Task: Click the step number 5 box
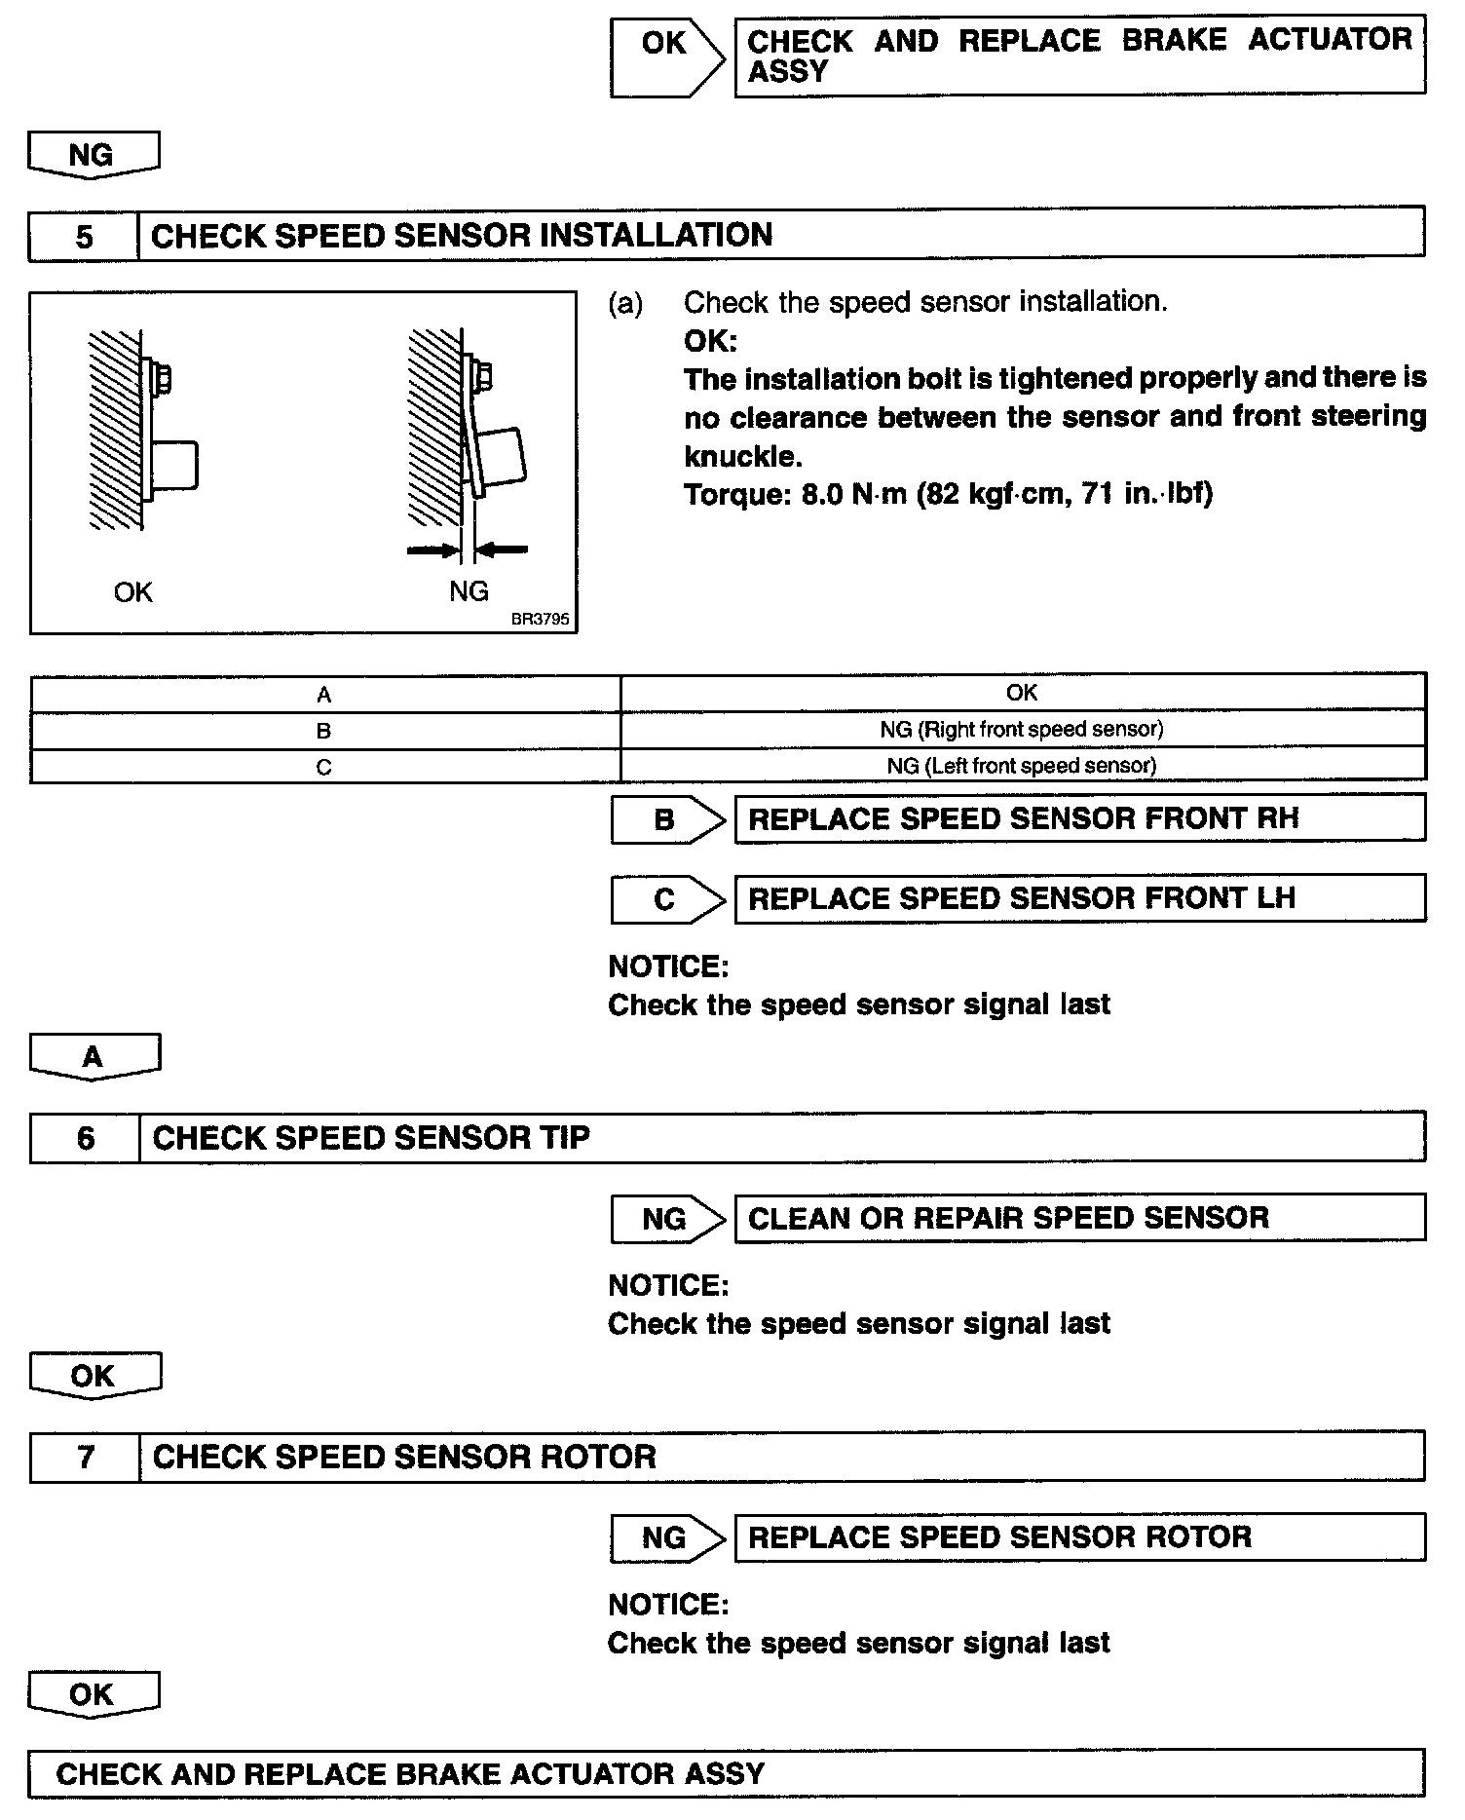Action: coord(84,236)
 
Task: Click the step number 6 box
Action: coord(86,1138)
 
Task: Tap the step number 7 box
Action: coord(86,1457)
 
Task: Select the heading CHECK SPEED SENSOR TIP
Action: coord(371,1138)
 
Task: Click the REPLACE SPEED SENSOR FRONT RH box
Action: coord(1079,818)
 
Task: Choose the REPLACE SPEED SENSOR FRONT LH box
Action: coord(1079,898)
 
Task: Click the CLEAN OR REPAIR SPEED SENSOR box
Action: coord(1079,1218)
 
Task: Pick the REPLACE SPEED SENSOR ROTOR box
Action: coord(1079,1537)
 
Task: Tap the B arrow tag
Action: coord(666,819)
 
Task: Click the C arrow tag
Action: coord(666,899)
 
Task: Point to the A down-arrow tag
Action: coord(94,1057)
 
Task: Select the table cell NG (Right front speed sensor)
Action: coord(1023,730)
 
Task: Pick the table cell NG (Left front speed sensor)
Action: coord(1023,766)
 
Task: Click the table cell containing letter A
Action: coord(324,695)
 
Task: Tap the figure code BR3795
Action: coord(540,619)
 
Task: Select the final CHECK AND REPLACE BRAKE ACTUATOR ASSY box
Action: coord(726,1773)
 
